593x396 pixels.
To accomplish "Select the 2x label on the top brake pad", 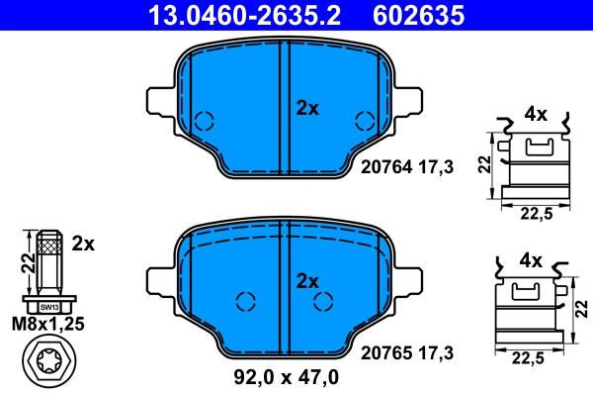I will point(308,109).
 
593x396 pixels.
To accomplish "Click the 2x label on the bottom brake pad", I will point(308,281).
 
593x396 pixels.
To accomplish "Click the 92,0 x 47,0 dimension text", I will point(287,376).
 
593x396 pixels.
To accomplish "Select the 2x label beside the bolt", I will point(83,243).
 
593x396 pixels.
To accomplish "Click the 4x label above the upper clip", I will point(535,114).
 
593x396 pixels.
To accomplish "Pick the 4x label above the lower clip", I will point(531,261).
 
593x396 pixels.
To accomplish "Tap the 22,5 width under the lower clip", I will point(528,360).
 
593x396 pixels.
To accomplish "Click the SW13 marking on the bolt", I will point(48,307).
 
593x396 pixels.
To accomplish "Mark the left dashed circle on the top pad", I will point(204,122).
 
